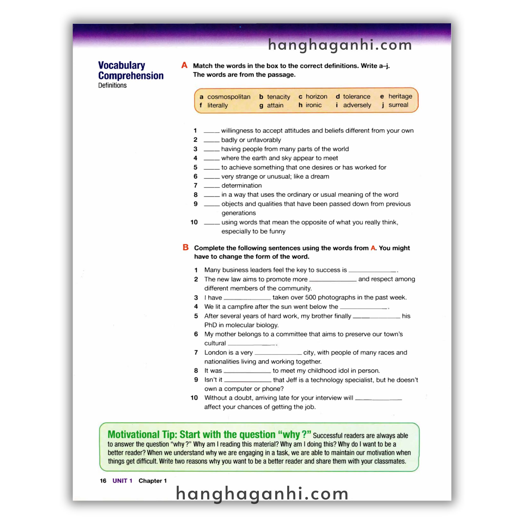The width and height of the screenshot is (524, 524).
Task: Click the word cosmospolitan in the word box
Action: [x=229, y=97]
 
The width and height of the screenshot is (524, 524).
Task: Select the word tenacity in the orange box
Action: [x=278, y=97]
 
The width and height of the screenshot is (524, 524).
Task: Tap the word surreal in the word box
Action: [x=398, y=105]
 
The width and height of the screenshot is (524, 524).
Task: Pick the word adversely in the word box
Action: [x=357, y=105]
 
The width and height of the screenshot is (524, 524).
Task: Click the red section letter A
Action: [x=184, y=65]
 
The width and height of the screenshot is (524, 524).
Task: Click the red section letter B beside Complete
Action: [x=185, y=247]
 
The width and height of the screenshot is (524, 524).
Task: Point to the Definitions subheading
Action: [x=112, y=85]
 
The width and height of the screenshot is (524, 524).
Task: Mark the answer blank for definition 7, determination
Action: [x=212, y=186]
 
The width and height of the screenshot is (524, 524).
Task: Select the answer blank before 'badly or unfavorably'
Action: [x=212, y=141]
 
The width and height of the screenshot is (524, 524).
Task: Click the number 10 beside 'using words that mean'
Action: [x=194, y=222]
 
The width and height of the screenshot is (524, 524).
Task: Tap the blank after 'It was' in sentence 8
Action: [x=247, y=371]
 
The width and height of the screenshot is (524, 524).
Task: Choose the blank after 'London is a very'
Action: [x=278, y=353]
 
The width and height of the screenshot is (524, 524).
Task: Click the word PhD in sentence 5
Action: [x=211, y=325]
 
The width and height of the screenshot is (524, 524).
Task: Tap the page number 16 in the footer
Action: [x=103, y=481]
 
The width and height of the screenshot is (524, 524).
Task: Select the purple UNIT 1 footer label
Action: [x=122, y=481]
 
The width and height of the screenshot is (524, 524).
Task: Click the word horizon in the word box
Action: [x=316, y=96]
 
